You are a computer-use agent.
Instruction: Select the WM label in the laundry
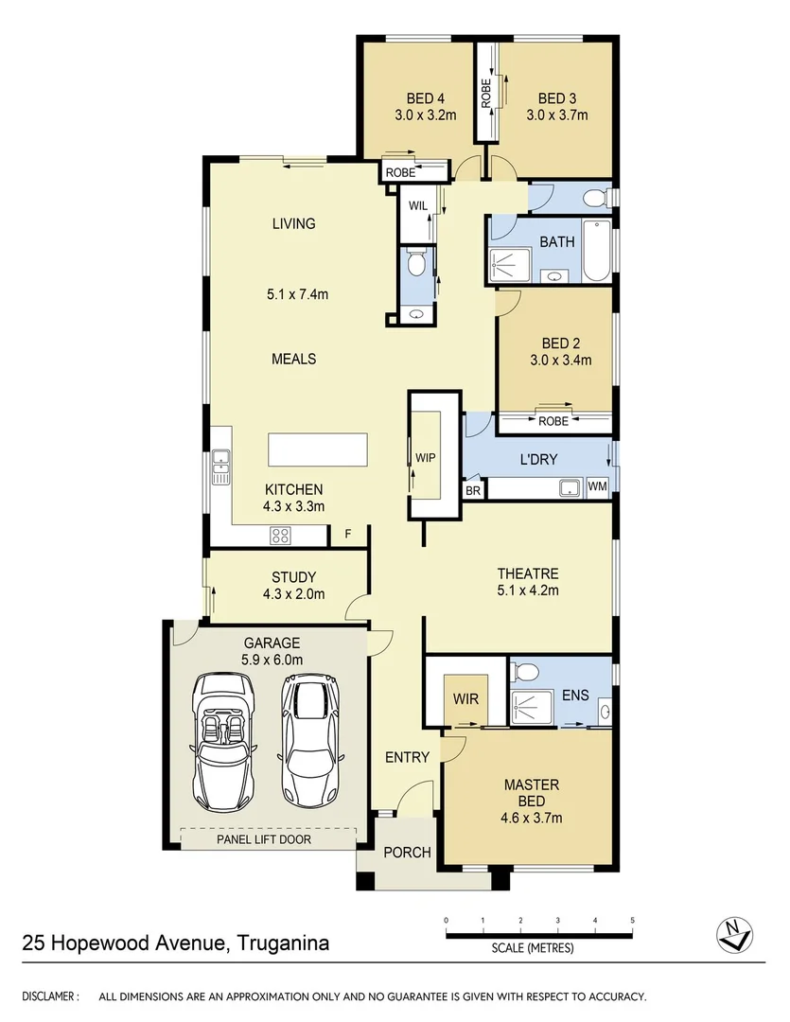coord(597,486)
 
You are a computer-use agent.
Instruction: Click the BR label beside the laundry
coord(472,491)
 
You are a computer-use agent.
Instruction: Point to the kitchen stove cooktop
coord(281,536)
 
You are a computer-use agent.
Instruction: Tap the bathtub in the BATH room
coord(597,251)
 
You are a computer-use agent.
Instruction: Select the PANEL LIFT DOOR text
coord(263,838)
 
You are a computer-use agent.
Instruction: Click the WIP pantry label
coord(425,457)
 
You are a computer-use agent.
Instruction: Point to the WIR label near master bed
coord(465,700)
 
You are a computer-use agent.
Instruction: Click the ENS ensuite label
coord(574,696)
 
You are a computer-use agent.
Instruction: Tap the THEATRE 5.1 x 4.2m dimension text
coord(528,591)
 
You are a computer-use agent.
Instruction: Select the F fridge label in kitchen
coord(348,535)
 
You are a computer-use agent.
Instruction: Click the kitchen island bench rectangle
coord(318,449)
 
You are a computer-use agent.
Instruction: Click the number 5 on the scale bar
coord(632,920)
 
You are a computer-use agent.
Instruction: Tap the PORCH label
coord(407,853)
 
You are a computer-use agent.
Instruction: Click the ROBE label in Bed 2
coord(553,421)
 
